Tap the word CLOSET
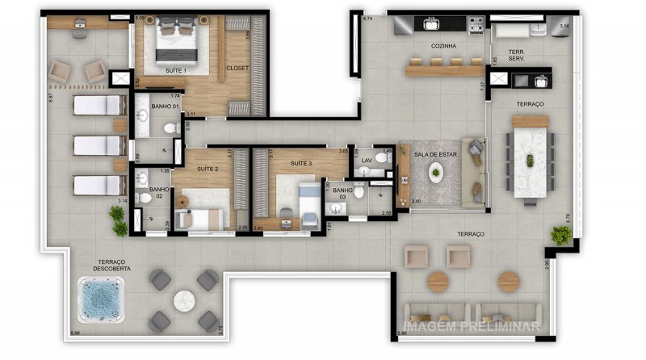237,68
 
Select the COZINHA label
444,47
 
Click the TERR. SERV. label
518,56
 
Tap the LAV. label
366,160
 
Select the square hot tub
101,298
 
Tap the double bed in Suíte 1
177,36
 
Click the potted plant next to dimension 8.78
560,235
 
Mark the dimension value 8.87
50,96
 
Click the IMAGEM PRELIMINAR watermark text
472,327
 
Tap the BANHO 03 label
342,193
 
